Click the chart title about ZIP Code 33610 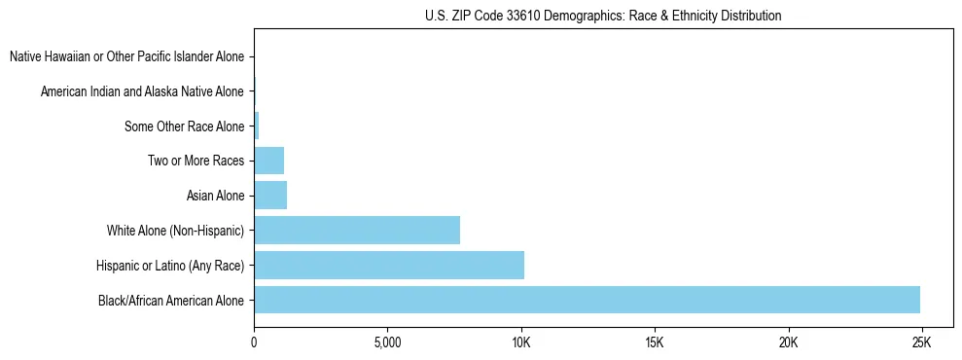pos(603,17)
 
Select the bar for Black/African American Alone pos(587,300)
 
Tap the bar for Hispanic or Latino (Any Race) pos(389,265)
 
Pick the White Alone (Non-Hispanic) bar pos(357,231)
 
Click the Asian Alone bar pos(270,196)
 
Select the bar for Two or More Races pos(269,161)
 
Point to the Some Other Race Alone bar pos(257,126)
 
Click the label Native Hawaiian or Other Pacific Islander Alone pos(126,56)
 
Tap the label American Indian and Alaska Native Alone pos(142,91)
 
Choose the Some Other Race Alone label pos(185,126)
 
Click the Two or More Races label pos(196,161)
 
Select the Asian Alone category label pos(215,196)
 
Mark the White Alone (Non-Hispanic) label pos(175,231)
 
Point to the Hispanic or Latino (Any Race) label pos(170,266)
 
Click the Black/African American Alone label pos(171,301)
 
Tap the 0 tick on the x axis pos(254,342)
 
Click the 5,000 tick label pos(387,342)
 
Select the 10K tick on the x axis pos(520,342)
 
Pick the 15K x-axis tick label pos(654,342)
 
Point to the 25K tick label pos(920,342)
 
